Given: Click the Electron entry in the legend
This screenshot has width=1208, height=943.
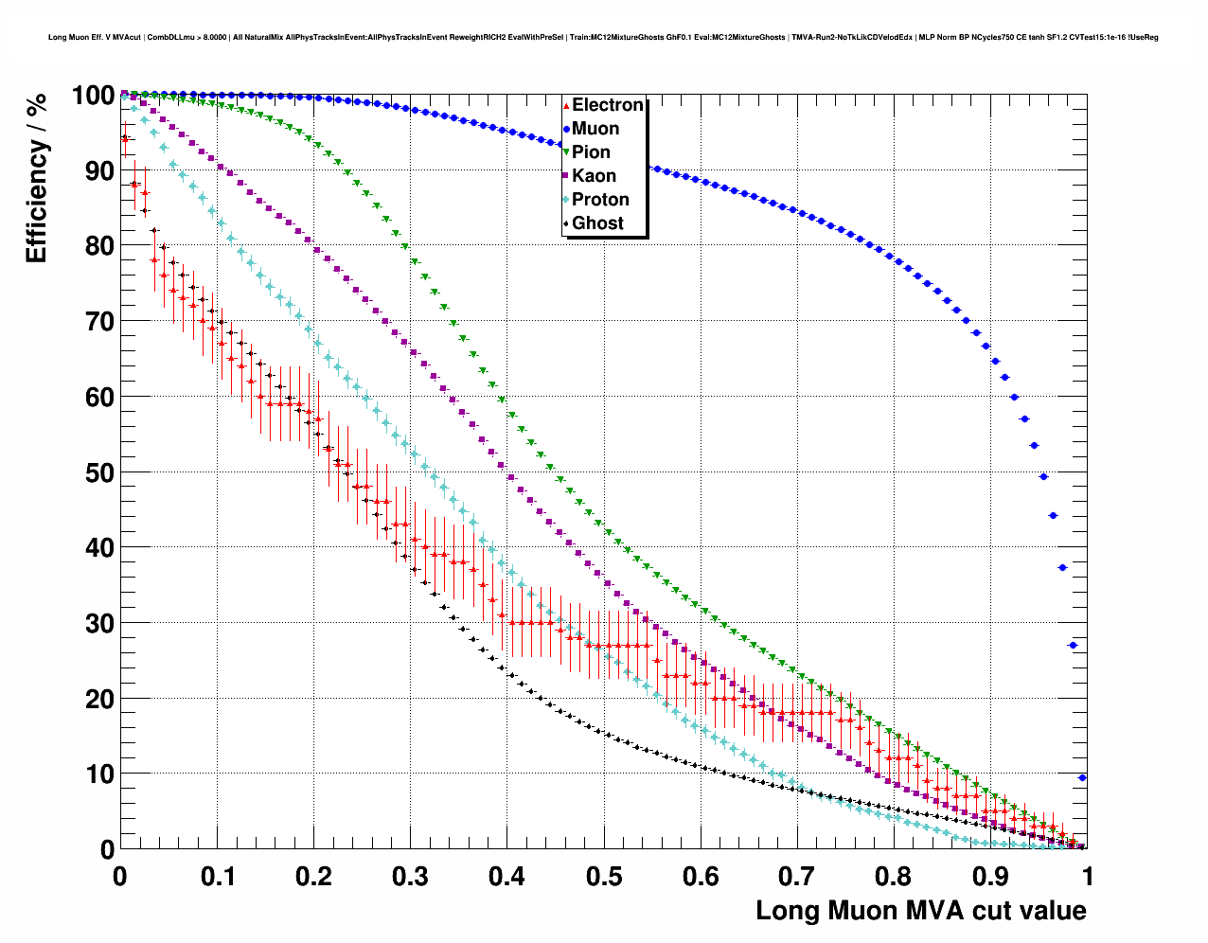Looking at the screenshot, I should [607, 105].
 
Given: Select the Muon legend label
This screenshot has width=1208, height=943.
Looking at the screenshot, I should [595, 129].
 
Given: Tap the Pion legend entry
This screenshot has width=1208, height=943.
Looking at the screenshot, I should [591, 152].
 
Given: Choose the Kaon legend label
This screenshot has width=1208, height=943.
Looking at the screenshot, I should [594, 176].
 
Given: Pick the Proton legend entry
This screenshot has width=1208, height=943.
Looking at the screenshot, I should [600, 200].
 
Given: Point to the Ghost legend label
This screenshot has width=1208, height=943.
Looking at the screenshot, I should [597, 223].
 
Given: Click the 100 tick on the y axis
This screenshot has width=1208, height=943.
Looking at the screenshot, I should [93, 96].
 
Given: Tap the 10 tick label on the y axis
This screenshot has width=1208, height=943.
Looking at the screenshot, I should [99, 774].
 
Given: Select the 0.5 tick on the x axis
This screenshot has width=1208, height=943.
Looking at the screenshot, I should [604, 877].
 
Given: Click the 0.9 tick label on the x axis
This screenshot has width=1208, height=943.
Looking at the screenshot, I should [991, 877].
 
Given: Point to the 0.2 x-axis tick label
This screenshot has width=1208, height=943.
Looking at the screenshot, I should [313, 877].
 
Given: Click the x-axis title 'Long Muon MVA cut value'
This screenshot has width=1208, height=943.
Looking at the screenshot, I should [920, 911].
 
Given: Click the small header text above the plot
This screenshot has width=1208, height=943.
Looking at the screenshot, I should [603, 38].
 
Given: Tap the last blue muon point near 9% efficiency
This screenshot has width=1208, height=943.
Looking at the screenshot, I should [1082, 778].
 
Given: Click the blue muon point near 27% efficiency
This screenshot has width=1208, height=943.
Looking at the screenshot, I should [1073, 646].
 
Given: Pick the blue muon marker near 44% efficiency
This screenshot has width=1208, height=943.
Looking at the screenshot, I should [1053, 516].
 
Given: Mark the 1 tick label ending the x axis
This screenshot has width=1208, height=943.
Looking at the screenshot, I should [1088, 877].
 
